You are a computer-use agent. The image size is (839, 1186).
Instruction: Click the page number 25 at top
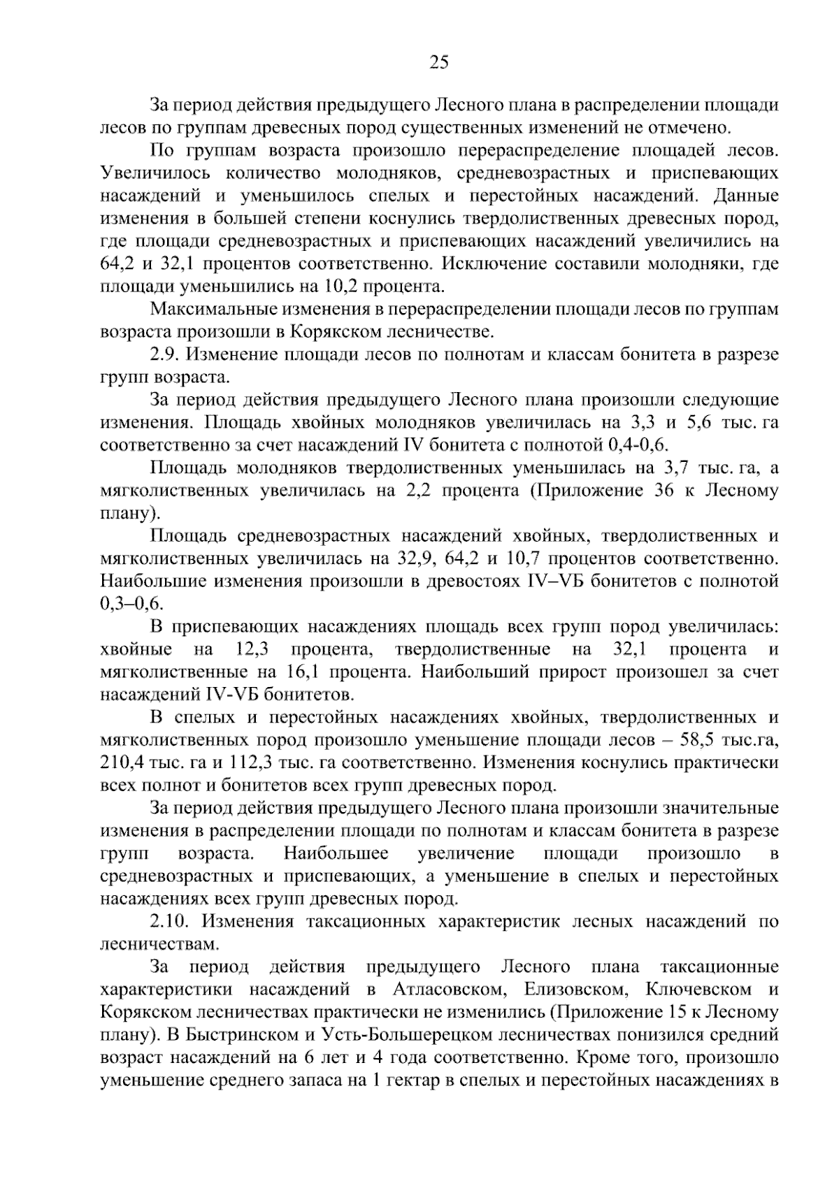pyautogui.click(x=438, y=62)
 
